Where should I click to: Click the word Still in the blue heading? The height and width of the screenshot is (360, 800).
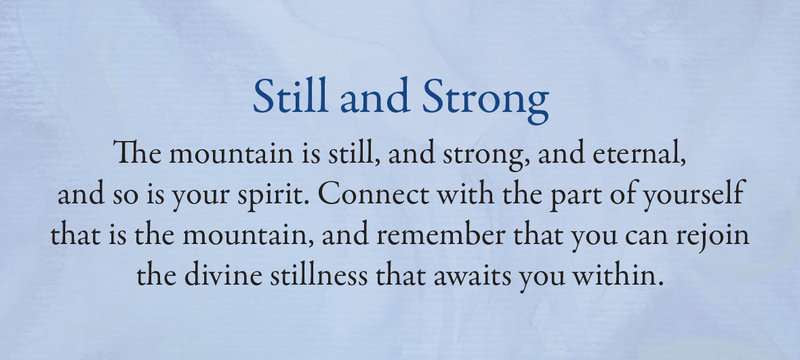(x=290, y=96)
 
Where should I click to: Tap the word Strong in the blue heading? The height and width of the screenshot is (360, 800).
(x=486, y=101)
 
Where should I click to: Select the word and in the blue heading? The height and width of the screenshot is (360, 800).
(x=375, y=97)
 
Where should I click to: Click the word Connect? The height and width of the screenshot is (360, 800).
(x=376, y=194)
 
